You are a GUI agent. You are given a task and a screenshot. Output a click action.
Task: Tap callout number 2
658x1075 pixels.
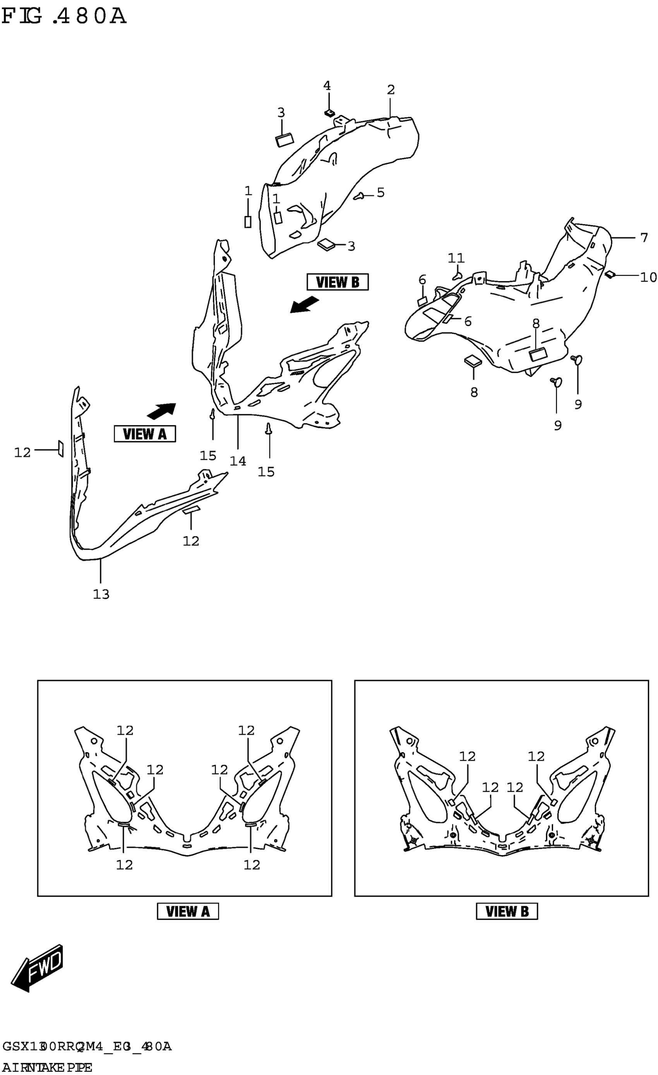pos(391,89)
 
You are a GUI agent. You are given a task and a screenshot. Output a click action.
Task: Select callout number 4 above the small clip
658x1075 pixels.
pos(327,86)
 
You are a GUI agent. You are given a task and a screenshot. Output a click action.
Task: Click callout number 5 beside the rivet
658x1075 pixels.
pos(380,192)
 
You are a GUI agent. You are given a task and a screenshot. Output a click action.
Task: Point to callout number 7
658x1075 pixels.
pos(644,238)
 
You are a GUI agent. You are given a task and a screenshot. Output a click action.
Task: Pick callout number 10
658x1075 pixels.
pos(648,277)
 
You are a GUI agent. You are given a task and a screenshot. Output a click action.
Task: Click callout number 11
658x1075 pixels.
pos(456,258)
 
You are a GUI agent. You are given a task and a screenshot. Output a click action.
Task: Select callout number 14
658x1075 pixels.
pos(238,461)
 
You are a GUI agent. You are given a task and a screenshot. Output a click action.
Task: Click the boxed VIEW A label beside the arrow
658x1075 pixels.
pos(144,434)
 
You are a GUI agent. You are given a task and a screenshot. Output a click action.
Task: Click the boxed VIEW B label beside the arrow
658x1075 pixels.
pos(337,282)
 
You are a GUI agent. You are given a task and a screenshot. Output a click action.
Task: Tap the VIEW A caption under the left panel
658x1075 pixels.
pos(188,911)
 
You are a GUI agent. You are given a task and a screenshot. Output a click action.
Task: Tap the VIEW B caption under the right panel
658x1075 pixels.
pos(507,911)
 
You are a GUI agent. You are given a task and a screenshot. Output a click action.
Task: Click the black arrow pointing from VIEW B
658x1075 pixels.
pos(305,305)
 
